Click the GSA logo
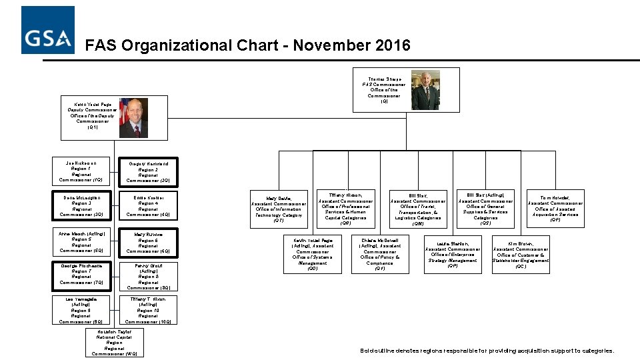pos(47,30)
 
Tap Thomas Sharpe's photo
pos(425,89)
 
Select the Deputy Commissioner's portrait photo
pos(133,117)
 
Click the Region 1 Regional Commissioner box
pos(81,171)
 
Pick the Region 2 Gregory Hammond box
pos(148,171)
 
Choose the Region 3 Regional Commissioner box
pos(81,206)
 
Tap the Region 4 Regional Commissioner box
pos(148,206)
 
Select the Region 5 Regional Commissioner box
pos(81,241)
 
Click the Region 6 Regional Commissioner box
pos(148,243)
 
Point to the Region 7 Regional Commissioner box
pos(81,274)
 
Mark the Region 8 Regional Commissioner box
pos(148,276)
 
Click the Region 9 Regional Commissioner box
pos(81,311)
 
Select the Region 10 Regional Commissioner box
pos(148,311)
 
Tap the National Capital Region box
pos(115,343)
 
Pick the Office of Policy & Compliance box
pos(380,254)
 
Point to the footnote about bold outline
pos(487,351)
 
